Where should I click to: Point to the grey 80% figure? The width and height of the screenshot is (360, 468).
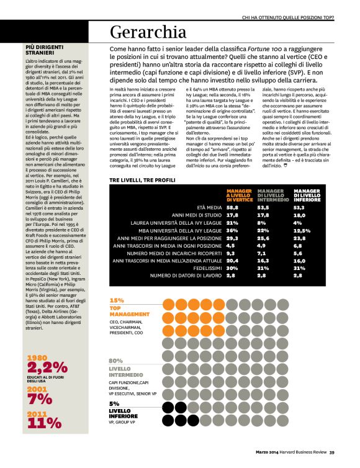(116, 360)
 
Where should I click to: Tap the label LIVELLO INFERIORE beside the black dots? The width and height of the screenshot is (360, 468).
(124, 413)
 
